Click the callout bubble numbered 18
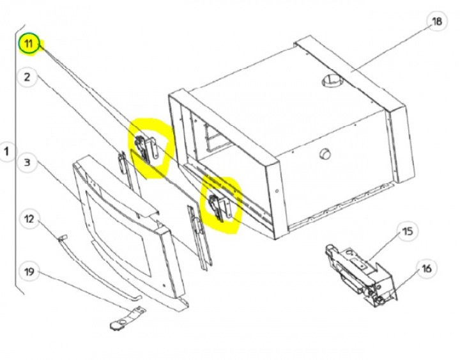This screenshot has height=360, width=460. click(437, 22)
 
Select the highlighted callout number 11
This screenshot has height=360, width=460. click(29, 43)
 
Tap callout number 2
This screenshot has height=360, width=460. click(27, 77)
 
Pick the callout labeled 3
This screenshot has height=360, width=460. click(27, 162)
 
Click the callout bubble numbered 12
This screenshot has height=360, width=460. click(29, 219)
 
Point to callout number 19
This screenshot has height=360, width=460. click(29, 272)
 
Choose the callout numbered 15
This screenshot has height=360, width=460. click(407, 231)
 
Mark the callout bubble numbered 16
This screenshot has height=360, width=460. click(427, 269)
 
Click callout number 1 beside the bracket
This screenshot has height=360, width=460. click(6, 152)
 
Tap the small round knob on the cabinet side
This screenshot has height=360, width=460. click(325, 153)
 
